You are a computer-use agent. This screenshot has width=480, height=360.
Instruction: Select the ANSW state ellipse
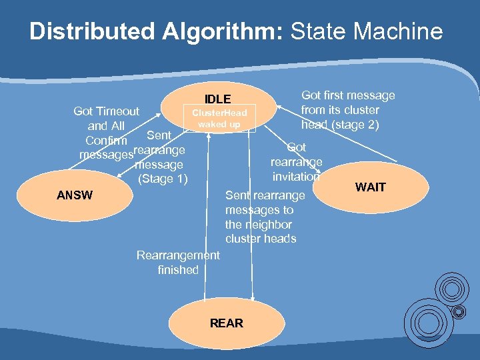[x=75, y=195]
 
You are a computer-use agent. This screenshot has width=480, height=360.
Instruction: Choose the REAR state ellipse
[x=226, y=323]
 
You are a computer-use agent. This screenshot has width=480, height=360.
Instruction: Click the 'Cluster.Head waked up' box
[x=219, y=119]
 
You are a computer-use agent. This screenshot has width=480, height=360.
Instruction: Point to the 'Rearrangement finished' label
[x=177, y=262]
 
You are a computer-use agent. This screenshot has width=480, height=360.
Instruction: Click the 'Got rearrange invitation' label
[x=297, y=162]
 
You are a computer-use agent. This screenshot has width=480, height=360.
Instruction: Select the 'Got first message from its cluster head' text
[x=347, y=110]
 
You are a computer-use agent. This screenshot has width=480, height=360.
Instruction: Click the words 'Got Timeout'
[x=107, y=111]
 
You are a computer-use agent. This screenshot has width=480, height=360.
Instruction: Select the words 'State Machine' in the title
[x=367, y=31]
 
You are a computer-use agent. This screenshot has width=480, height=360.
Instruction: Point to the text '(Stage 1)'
[x=163, y=179]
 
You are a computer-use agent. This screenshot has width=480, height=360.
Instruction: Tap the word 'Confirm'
[x=106, y=141]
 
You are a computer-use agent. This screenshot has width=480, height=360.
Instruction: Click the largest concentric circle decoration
[x=429, y=320]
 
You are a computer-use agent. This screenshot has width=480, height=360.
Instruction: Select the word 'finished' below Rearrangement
[x=178, y=270]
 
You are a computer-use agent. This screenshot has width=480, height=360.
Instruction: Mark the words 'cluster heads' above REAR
[x=261, y=239]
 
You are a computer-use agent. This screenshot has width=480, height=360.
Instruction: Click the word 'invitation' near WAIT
[x=297, y=176]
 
